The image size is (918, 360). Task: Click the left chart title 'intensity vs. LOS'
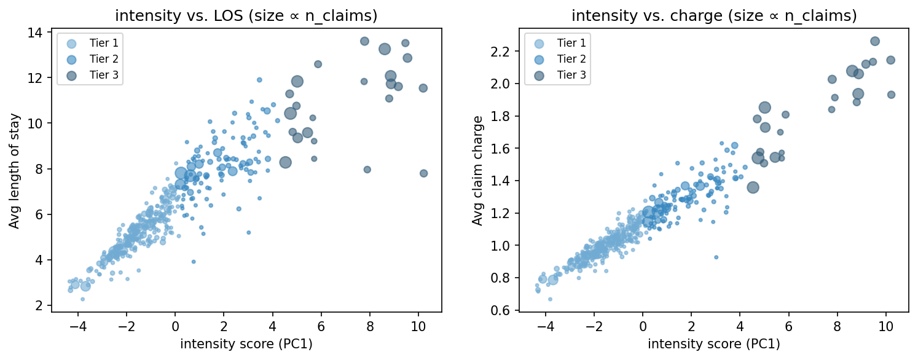pos(246,16)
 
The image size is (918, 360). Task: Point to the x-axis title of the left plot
pos(246,345)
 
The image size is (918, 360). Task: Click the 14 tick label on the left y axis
pos(37,33)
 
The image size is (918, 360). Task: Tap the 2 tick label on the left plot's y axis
pos(40,305)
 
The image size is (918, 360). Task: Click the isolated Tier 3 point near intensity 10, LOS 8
pos(423,173)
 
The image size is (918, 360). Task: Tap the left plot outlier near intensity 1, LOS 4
pos(194,261)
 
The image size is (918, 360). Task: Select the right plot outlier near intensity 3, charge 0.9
pos(716,257)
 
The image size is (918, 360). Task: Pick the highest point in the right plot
pos(875,41)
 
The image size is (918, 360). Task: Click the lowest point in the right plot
pos(550,299)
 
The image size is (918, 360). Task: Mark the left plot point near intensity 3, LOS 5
pos(248,232)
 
